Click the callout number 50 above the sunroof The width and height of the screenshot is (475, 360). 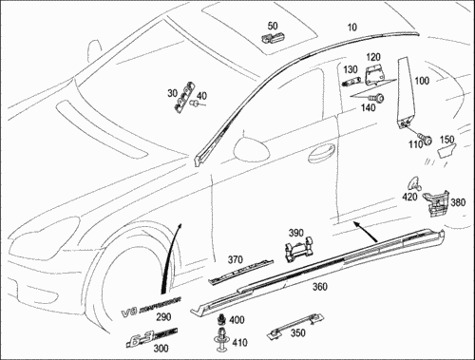[x=273, y=26]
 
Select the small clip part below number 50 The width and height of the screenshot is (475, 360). [x=273, y=38]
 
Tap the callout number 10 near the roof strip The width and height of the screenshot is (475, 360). [x=351, y=28]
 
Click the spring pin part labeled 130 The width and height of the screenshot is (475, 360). [x=351, y=81]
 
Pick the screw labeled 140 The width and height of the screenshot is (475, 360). [x=377, y=97]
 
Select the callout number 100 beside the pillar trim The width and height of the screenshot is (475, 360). [x=422, y=81]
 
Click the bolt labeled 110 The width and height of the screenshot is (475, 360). [x=425, y=138]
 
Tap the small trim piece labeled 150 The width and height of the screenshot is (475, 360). [x=446, y=150]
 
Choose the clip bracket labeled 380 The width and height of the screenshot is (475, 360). [x=435, y=203]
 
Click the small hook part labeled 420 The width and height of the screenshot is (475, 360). [x=414, y=183]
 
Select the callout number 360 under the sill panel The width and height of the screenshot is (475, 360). [x=320, y=287]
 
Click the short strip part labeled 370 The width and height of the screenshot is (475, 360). [x=240, y=272]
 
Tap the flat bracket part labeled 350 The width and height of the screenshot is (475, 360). [x=295, y=327]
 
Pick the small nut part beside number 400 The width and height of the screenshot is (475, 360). [x=221, y=320]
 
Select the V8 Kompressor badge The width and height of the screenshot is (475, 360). [x=151, y=307]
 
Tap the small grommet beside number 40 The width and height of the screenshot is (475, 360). [x=194, y=104]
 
